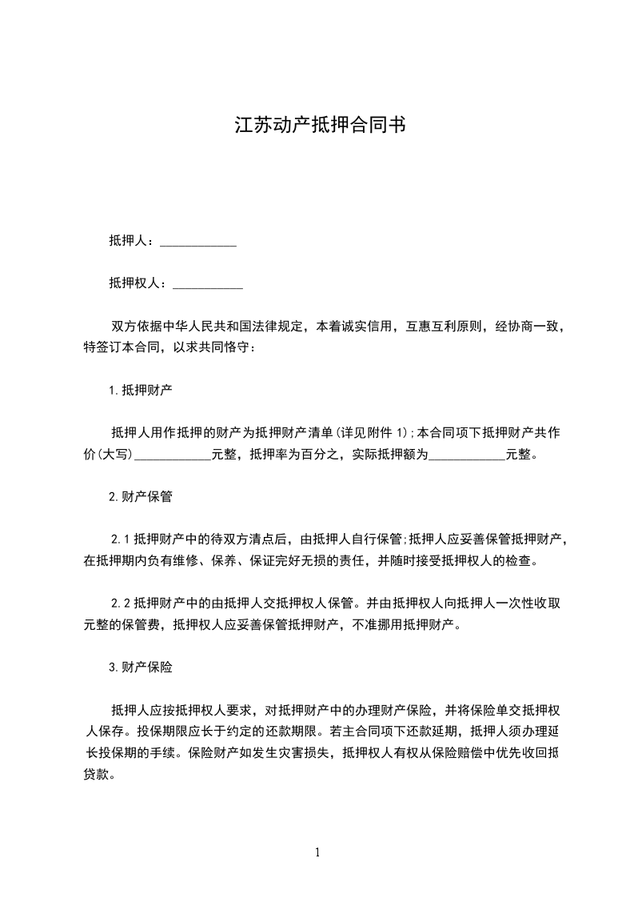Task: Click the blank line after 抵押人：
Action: tap(198, 241)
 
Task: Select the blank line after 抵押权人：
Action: tap(208, 283)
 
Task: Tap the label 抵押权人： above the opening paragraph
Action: tap(141, 283)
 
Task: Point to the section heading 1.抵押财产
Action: tap(141, 391)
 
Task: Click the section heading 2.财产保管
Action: tap(141, 496)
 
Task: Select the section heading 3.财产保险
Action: tap(141, 667)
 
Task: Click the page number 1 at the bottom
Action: tap(317, 852)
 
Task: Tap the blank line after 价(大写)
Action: tap(173, 455)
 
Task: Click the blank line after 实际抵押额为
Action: tap(468, 455)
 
